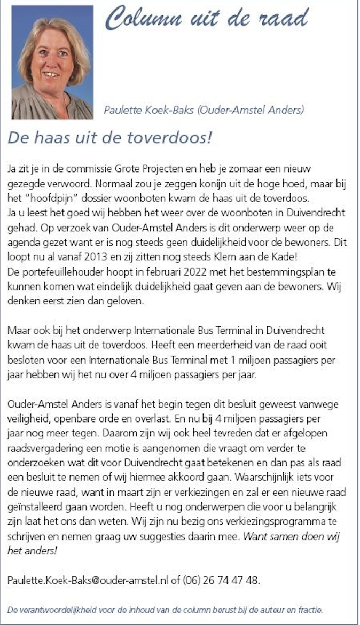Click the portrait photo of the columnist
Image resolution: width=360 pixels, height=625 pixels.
pyautogui.click(x=52, y=62)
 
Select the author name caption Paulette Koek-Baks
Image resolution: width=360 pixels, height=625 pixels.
pyautogui.click(x=204, y=111)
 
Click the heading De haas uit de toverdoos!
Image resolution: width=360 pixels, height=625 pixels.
pyautogui.click(x=109, y=138)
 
